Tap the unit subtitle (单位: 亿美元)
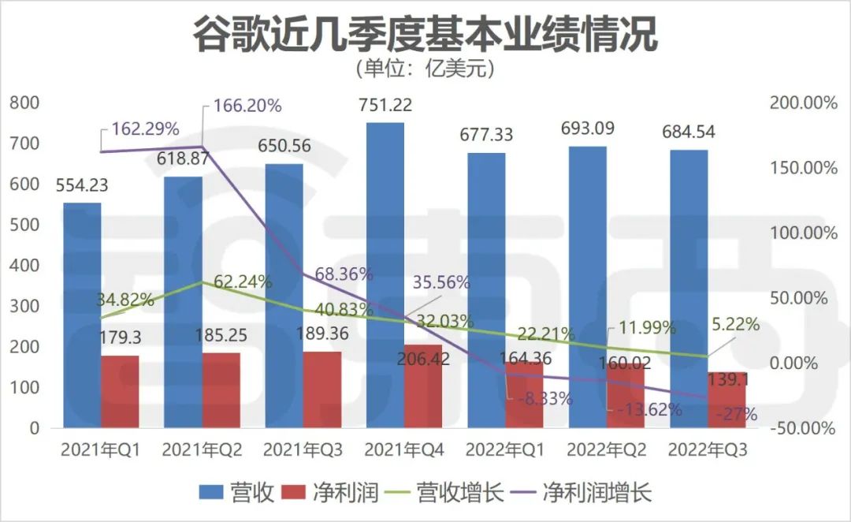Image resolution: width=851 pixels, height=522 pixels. pyautogui.click(x=425, y=69)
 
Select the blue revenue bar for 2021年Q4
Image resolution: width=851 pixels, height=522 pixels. pyautogui.click(x=385, y=237)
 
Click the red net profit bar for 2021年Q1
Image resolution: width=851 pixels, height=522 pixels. pyautogui.click(x=121, y=392)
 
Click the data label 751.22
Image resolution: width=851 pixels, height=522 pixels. pyautogui.click(x=385, y=105)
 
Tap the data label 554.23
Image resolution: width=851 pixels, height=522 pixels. pyautogui.click(x=81, y=185)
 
